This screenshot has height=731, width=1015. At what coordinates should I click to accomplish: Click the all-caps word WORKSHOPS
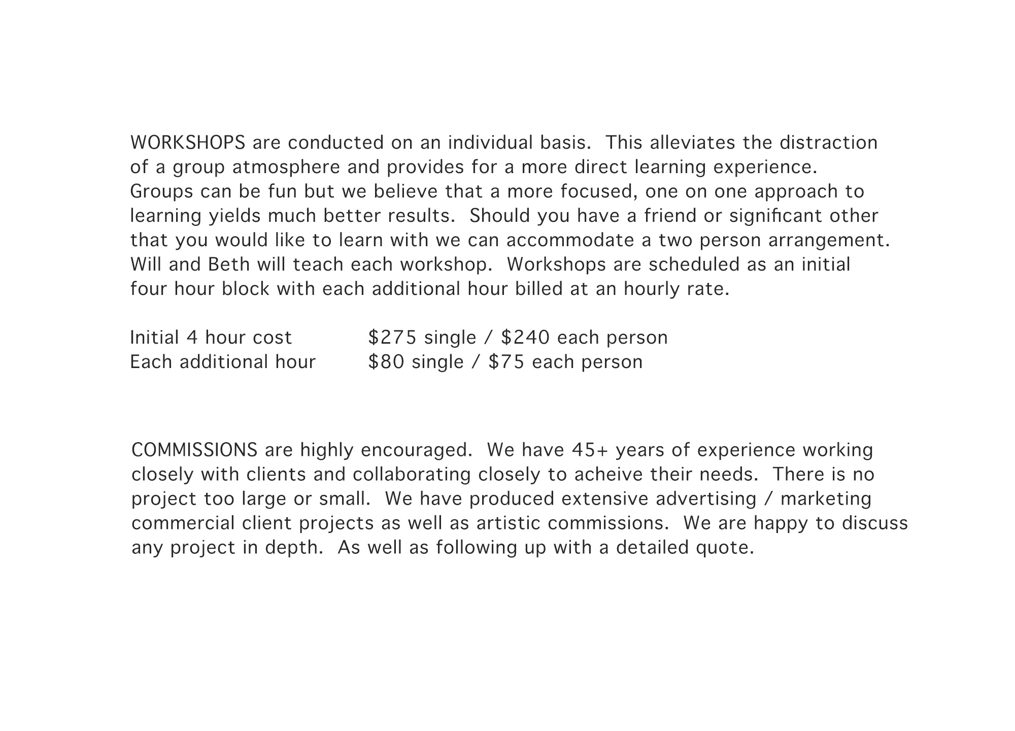(x=188, y=143)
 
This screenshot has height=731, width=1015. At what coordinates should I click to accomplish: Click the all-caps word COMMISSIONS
(x=194, y=450)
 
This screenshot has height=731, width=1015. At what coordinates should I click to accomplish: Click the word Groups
(x=161, y=191)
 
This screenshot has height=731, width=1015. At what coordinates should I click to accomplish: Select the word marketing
(x=826, y=499)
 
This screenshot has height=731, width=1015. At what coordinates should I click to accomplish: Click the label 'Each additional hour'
(x=223, y=362)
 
